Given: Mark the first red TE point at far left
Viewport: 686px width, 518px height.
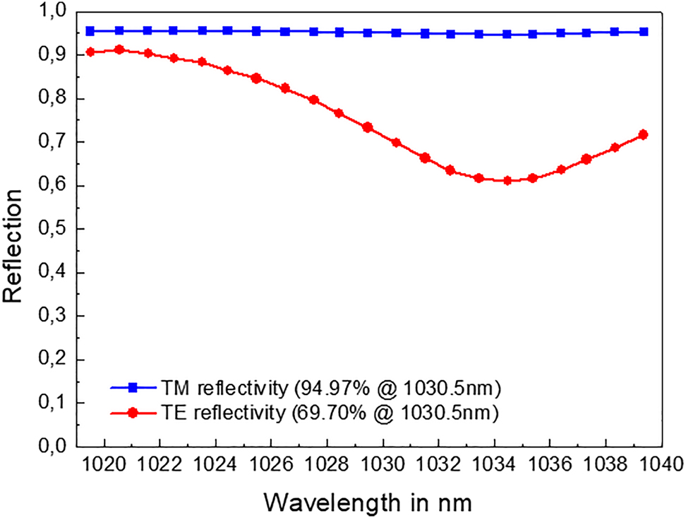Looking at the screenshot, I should point(90,52).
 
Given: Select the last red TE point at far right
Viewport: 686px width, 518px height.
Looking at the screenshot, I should point(643,134).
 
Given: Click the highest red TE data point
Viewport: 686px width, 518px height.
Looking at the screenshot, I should point(119,49).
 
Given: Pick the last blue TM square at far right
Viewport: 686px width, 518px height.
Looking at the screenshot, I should point(643,32).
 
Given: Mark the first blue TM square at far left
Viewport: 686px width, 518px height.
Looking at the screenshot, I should point(90,31).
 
